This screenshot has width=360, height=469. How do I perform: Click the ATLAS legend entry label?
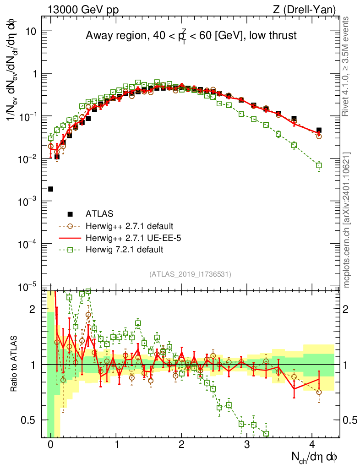pyautogui.click(x=99, y=213)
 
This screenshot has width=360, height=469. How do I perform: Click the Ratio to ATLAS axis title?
pyautogui.click(x=15, y=364)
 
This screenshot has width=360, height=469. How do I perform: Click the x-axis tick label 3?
pyautogui.click(x=247, y=444)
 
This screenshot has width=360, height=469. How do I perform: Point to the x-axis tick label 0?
pyautogui.click(x=50, y=444)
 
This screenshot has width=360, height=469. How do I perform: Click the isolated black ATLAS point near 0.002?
pyautogui.click(x=50, y=189)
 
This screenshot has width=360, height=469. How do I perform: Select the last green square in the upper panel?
pyautogui.click(x=319, y=165)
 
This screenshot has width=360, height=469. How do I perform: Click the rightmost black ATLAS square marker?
pyautogui.click(x=319, y=130)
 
